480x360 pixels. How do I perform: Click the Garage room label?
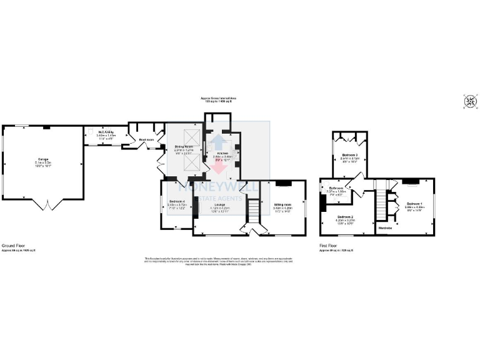43,160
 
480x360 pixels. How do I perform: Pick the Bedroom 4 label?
177,201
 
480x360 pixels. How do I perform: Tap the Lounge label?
218,204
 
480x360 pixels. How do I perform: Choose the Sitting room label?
282,204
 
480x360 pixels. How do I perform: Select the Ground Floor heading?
13,246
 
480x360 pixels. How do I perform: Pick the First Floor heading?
328,246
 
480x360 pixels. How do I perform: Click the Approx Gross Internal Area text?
217,98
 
